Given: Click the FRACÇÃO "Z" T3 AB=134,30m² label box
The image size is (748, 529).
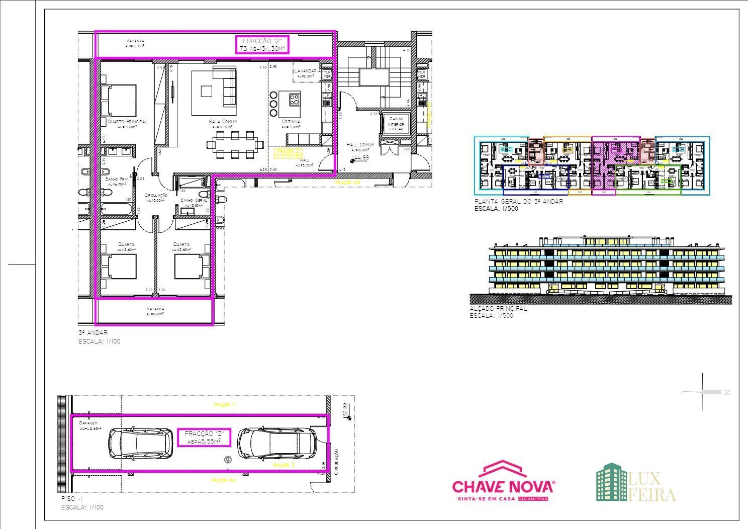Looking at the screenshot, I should (x=262, y=45).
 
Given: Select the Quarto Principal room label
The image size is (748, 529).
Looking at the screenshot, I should (x=127, y=122).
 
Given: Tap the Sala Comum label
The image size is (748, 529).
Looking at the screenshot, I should (x=223, y=122).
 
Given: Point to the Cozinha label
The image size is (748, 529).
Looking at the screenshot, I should (x=291, y=122).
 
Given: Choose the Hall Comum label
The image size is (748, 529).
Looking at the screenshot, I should (x=360, y=145).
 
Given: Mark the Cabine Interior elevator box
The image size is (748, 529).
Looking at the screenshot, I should (x=396, y=124).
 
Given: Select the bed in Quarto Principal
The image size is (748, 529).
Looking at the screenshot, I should (x=119, y=100).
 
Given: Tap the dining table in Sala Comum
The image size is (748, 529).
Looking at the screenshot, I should (x=235, y=145).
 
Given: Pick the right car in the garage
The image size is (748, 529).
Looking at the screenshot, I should (x=277, y=444).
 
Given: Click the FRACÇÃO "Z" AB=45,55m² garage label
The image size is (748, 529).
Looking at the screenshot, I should (x=204, y=437).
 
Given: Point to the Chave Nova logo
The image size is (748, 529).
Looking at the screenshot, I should (x=504, y=481).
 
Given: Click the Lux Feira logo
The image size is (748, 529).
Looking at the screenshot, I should (x=636, y=483).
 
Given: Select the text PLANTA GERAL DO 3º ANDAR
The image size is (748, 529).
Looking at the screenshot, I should (x=518, y=201).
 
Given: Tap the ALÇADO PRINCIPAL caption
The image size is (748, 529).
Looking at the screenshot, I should (x=498, y=309).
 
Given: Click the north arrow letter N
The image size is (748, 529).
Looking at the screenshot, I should (x=726, y=392).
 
